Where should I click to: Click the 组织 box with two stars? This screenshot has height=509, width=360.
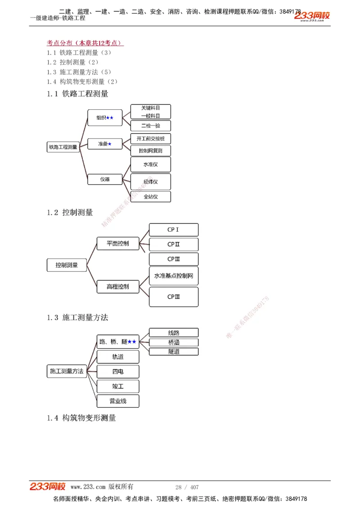pyautogui.click(x=104, y=117)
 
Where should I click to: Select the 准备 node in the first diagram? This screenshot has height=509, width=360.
pyautogui.click(x=104, y=144)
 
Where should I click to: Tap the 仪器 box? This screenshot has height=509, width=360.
pyautogui.click(x=104, y=179)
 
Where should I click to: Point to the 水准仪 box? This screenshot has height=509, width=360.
pyautogui.click(x=150, y=164)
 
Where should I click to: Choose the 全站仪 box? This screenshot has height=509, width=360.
pyautogui.click(x=150, y=196)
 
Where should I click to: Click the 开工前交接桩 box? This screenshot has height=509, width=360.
pyautogui.click(x=150, y=138)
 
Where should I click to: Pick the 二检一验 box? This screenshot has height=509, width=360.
pyautogui.click(x=150, y=126)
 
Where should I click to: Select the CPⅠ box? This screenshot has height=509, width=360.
pyautogui.click(x=173, y=230)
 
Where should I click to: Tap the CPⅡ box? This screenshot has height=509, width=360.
pyautogui.click(x=173, y=244)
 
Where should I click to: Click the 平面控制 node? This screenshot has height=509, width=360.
pyautogui.click(x=118, y=243)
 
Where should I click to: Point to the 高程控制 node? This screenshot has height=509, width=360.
pyautogui.click(x=118, y=286)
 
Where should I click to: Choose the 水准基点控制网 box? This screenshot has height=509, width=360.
pyautogui.click(x=173, y=276)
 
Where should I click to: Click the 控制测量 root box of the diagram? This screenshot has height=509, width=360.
pyautogui.click(x=67, y=265)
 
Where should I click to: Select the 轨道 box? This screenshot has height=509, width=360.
pyautogui.click(x=118, y=357)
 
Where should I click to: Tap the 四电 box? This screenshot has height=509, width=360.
pyautogui.click(x=118, y=371)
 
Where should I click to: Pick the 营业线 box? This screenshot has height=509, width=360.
pyautogui.click(x=118, y=401)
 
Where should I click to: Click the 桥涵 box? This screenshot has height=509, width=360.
pyautogui.click(x=174, y=342)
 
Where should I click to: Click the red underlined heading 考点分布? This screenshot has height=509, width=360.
pyautogui.click(x=85, y=43)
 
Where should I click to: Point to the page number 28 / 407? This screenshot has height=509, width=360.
pyautogui.click(x=187, y=487)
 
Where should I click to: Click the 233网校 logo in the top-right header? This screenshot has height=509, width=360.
pyautogui.click(x=313, y=16)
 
